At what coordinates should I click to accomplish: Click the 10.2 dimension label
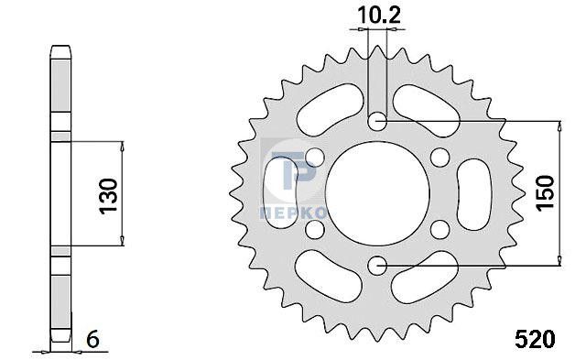379,16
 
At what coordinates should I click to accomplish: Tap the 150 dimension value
545,193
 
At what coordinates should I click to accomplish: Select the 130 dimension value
108,196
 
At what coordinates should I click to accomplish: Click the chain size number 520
535,340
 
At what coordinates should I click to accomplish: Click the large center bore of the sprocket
377,193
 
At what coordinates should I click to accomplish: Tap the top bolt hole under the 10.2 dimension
376,121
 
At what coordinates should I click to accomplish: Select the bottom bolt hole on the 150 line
377,266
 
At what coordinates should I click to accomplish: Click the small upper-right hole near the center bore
439,157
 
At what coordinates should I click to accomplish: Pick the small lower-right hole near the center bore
439,229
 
